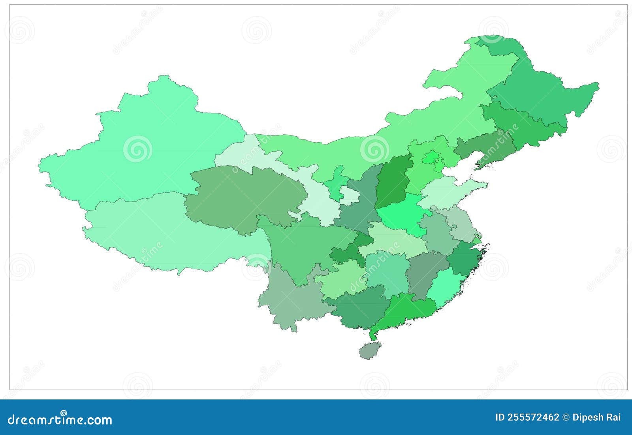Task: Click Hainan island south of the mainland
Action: (371, 350)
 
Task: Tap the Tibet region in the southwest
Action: (166, 233)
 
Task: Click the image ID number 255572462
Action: (527, 417)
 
